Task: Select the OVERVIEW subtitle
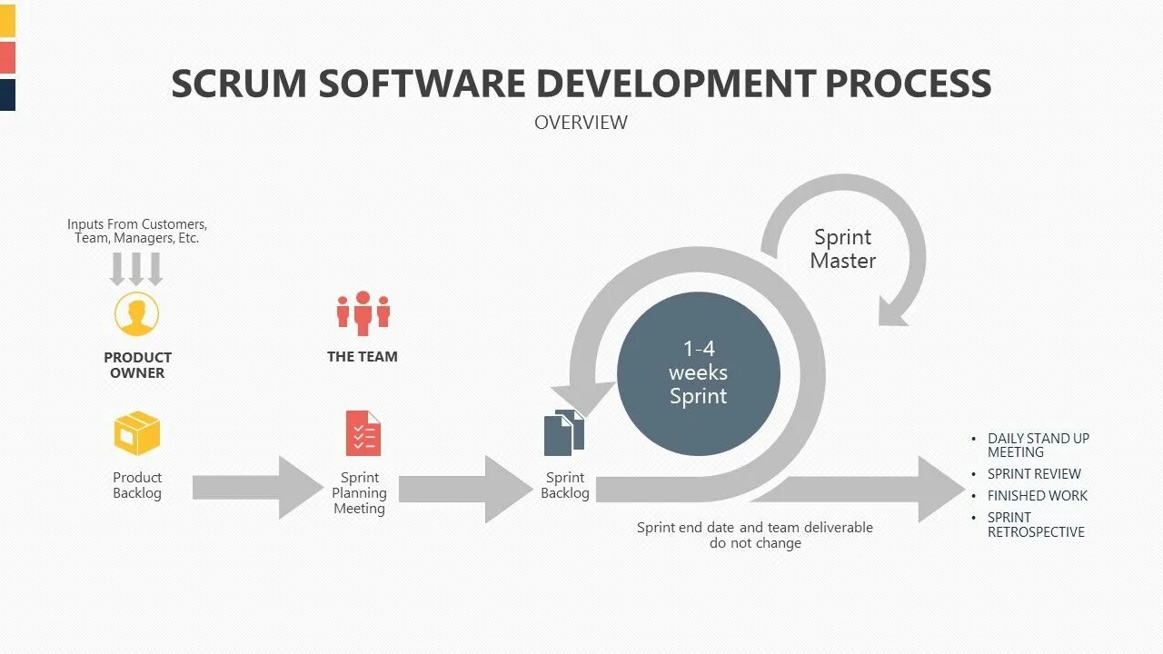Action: pos(581,122)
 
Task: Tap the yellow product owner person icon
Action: pos(137,314)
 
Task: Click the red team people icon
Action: pos(363,312)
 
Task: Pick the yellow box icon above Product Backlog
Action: pos(137,433)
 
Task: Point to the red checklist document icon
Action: pos(363,433)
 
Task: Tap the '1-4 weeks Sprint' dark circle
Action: pos(698,372)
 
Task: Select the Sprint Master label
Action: pos(842,249)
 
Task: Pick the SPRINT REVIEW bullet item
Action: pos(1034,474)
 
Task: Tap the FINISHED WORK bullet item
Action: pos(1037,496)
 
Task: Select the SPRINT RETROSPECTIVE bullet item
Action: pos(1036,525)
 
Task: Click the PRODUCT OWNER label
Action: pos(137,365)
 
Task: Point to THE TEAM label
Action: pos(363,357)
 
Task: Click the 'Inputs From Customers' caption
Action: pos(137,231)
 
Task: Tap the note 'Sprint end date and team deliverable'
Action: pos(754,528)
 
